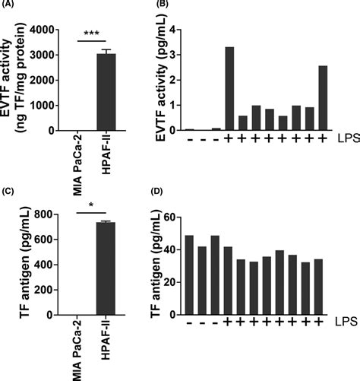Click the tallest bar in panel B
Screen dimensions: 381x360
coord(229,89)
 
